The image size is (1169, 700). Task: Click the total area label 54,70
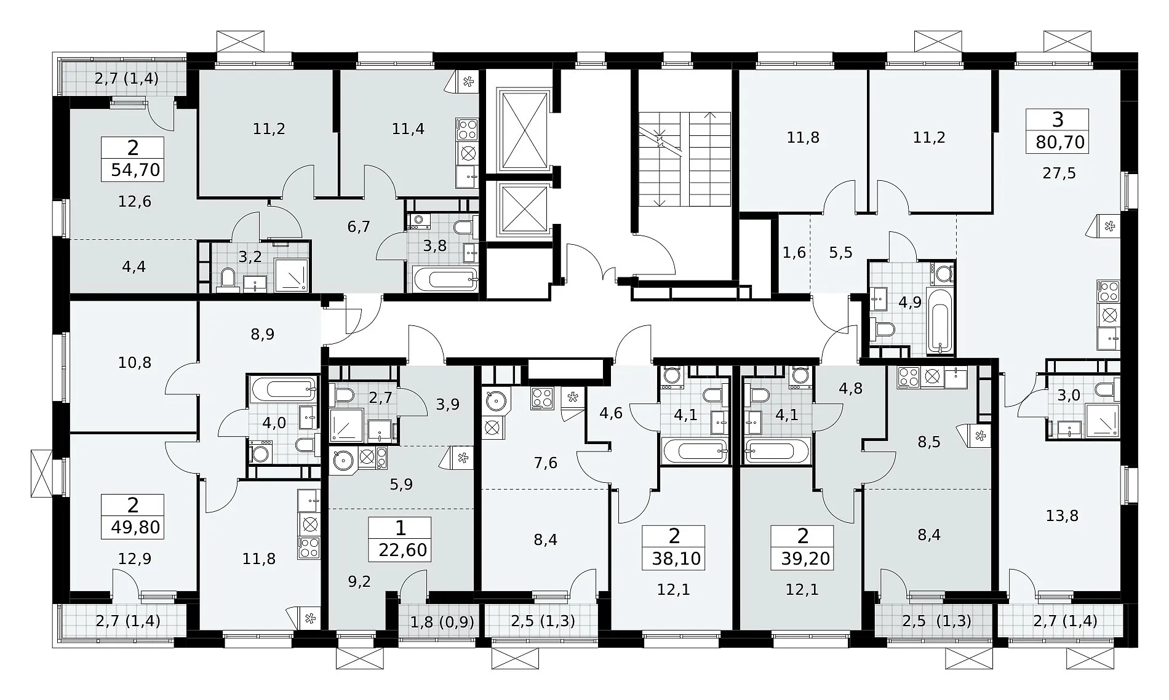[x=136, y=169]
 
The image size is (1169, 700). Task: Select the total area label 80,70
[x=1061, y=142]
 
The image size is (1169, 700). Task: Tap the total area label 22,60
[x=403, y=549]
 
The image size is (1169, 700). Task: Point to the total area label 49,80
[x=136, y=527]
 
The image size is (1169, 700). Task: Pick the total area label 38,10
[x=676, y=558]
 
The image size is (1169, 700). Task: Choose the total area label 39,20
[x=804, y=558]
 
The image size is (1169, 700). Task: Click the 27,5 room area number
[x=1059, y=173]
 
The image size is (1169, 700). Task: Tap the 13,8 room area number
[x=1062, y=515]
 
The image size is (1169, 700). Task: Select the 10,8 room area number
[x=134, y=362]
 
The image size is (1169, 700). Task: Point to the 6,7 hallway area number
[x=359, y=226]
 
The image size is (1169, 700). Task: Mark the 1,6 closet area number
[x=794, y=253]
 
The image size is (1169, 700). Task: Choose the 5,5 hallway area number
[x=840, y=253]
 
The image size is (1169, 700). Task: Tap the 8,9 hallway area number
[x=263, y=334]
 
